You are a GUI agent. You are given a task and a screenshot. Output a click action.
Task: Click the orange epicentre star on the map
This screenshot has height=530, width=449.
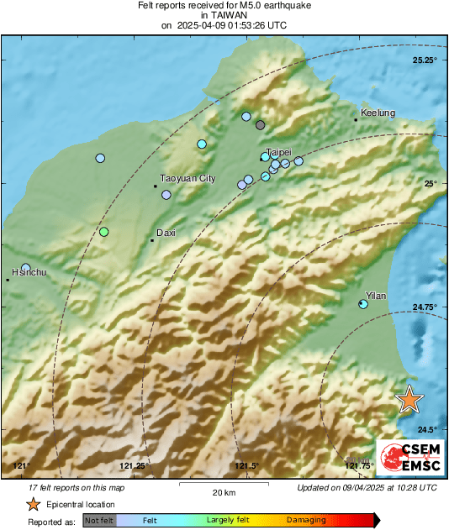(409, 399)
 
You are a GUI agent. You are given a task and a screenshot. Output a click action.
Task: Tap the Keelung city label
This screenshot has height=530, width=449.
(378, 113)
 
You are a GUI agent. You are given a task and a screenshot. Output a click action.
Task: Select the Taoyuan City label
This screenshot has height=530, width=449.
(188, 179)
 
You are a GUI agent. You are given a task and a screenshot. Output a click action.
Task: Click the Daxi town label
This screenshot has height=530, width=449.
(166, 233)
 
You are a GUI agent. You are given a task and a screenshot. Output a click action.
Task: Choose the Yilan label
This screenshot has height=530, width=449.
(376, 296)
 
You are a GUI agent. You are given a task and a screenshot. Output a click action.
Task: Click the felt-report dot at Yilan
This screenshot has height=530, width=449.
(363, 303)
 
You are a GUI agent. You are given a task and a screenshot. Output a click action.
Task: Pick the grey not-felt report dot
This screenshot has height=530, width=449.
(261, 125)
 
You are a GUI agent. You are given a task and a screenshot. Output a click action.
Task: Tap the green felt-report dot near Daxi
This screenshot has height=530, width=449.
(104, 232)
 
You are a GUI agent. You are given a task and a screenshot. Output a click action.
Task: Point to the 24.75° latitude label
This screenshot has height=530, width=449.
(425, 307)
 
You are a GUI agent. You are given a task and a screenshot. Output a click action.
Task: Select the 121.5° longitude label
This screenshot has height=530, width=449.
(247, 466)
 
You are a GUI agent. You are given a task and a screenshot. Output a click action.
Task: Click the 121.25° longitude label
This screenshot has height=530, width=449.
(135, 466)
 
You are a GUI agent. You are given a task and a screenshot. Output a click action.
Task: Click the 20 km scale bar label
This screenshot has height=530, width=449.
(223, 492)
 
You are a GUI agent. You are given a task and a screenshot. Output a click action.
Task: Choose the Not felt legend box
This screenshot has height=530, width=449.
(99, 521)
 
